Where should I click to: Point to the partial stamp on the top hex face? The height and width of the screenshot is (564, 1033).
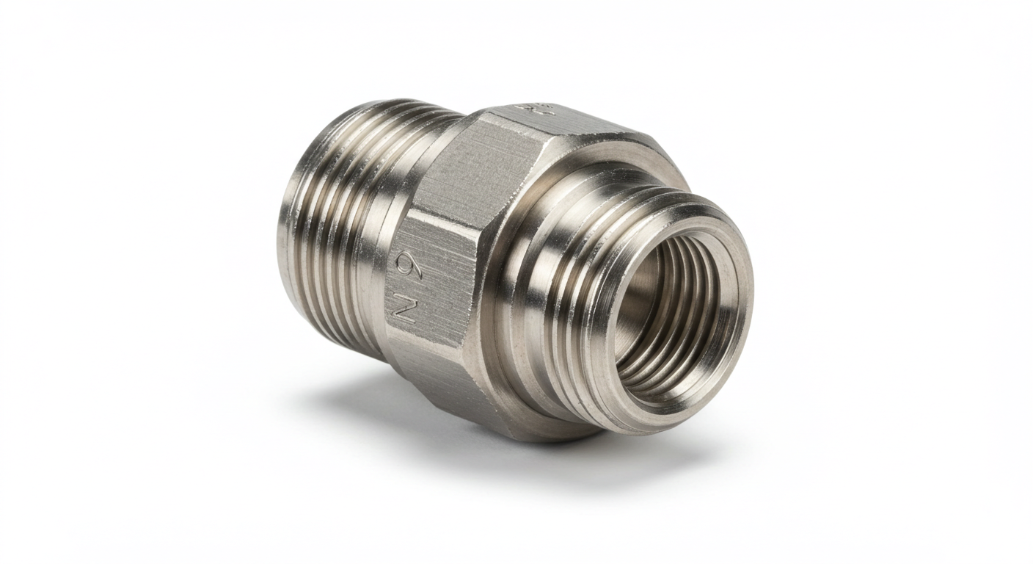point(524,111)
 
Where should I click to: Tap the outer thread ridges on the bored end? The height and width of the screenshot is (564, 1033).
point(587,308)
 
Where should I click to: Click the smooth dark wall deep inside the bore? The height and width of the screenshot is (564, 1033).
point(638,294)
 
